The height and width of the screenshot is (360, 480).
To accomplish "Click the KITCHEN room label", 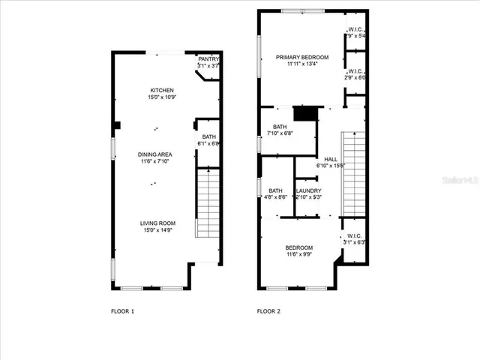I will pyautogui.click(x=161, y=91).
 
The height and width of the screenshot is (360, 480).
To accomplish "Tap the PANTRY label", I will pyautogui.click(x=208, y=59).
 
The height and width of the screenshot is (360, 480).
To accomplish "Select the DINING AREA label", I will pyautogui.click(x=155, y=154).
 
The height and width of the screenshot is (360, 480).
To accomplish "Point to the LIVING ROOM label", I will pyautogui.click(x=157, y=223).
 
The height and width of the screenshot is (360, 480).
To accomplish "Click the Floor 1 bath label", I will pyautogui.click(x=208, y=136).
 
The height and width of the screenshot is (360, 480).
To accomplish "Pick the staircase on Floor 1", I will pyautogui.click(x=207, y=203).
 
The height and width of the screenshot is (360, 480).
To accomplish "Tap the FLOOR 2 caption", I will pyautogui.click(x=268, y=310).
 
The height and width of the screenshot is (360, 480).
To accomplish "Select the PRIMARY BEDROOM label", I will pyautogui.click(x=301, y=57).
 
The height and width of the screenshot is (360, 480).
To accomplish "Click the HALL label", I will pyautogui.click(x=330, y=159).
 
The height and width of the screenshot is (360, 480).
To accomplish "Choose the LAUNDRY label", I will pyautogui.click(x=308, y=190).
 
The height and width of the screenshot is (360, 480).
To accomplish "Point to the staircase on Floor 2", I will pyautogui.click(x=353, y=172).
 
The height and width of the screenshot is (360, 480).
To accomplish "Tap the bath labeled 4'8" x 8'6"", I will pyautogui.click(x=276, y=190).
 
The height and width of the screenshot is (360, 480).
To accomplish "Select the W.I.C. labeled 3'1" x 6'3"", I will pyautogui.click(x=355, y=235).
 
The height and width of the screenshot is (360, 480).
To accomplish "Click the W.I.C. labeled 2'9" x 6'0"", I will pyautogui.click(x=355, y=72).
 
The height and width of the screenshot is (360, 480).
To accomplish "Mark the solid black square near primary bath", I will pyautogui.click(x=304, y=113).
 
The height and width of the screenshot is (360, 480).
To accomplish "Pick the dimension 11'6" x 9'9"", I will pyautogui.click(x=298, y=254).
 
